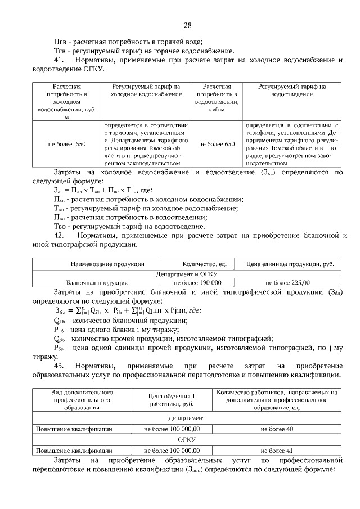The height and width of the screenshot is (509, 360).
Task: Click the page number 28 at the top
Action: click(x=188, y=25)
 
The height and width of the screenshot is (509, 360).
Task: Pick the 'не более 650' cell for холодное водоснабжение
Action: click(x=66, y=145)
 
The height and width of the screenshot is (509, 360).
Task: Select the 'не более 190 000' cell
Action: click(x=197, y=283)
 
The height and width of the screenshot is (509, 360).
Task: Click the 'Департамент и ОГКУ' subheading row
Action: click(x=187, y=273)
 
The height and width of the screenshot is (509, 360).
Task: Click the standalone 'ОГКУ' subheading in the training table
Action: click(x=187, y=440)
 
